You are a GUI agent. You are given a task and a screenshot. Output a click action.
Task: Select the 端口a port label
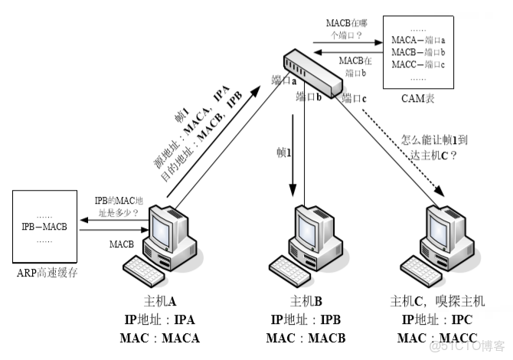284,80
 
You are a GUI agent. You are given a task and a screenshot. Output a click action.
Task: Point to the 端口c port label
355,97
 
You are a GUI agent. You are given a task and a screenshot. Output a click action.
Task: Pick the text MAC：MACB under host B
306,339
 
